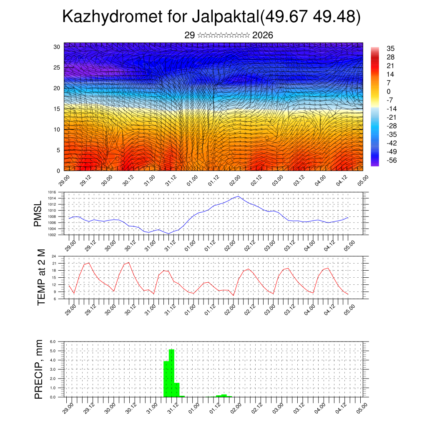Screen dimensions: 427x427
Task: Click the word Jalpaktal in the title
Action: click(225, 17)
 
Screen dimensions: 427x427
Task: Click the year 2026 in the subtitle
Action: click(263, 35)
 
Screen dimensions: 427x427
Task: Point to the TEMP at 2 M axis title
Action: click(41, 277)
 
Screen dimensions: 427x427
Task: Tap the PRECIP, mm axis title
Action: click(39, 369)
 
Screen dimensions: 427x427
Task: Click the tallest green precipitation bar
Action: click(171, 373)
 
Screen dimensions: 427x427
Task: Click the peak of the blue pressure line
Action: click(238, 196)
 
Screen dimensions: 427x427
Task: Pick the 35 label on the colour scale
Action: click(391, 48)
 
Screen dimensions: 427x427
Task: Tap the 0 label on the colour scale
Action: click(389, 91)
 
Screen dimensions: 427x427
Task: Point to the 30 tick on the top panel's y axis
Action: click(57, 47)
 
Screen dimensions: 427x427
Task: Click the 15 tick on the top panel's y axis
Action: click(57, 109)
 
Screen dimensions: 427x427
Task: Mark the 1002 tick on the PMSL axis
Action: click(51, 235)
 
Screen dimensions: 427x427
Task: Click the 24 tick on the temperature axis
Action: click(54, 256)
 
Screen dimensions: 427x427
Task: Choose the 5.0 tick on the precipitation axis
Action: click(53, 351)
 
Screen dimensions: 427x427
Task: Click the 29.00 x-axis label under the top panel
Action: click(64, 180)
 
